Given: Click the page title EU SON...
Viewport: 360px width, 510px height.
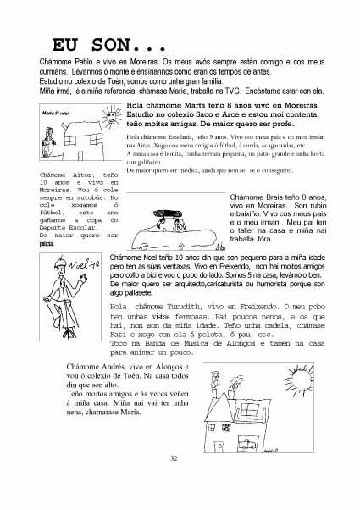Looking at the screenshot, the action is coord(109,45).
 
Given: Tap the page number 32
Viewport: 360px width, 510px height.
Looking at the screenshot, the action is coord(174,458).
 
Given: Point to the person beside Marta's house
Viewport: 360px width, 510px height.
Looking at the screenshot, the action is coord(48,142).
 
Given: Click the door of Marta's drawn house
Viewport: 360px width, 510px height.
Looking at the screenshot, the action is coord(80,155).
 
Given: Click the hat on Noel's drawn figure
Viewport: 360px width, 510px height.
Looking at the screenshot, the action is coord(60,263).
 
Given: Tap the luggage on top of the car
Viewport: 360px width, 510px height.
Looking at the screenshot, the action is coord(168,213).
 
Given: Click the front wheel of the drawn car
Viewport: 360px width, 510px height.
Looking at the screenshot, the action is coord(142,247).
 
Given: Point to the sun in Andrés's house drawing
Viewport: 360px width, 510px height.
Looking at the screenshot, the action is coord(300,380).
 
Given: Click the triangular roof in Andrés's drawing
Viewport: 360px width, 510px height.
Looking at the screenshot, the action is coord(218,407).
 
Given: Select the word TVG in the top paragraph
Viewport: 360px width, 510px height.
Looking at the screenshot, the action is coord(232,91).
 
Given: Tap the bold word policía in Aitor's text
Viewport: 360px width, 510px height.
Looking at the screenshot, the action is coord(47,244).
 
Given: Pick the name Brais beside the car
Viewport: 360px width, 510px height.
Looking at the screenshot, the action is coord(274,197).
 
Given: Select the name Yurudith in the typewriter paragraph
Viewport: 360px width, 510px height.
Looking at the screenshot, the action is coord(183,307).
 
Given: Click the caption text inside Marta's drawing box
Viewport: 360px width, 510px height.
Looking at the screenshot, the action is coord(56,114).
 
